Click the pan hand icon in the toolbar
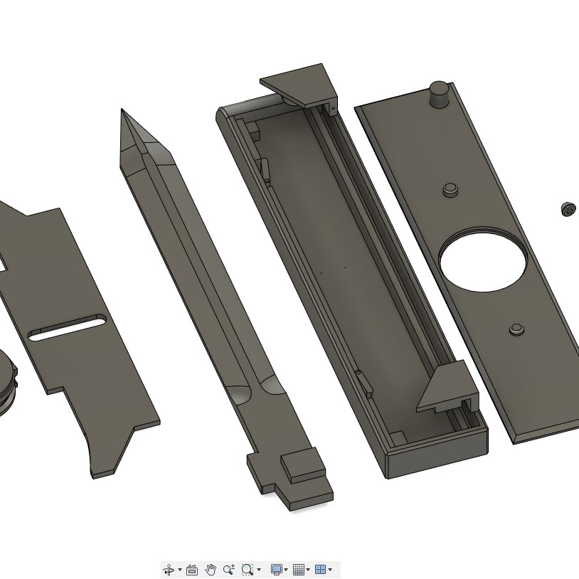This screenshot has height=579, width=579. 211,570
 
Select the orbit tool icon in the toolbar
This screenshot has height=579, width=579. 169,570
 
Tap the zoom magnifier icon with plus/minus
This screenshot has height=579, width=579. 228,570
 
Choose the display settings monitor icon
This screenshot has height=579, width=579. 277,570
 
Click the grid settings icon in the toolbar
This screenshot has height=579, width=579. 299,570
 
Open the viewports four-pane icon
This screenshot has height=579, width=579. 320,570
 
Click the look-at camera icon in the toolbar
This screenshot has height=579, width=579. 192,570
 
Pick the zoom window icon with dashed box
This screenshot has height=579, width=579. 247,570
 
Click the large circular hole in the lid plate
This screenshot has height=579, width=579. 483,261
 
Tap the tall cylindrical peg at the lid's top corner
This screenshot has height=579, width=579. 439,94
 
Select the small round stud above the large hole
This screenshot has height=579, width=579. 450,189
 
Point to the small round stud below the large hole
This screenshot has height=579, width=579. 516,329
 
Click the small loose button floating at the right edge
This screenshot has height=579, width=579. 568,209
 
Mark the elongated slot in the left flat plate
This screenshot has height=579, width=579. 67,328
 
